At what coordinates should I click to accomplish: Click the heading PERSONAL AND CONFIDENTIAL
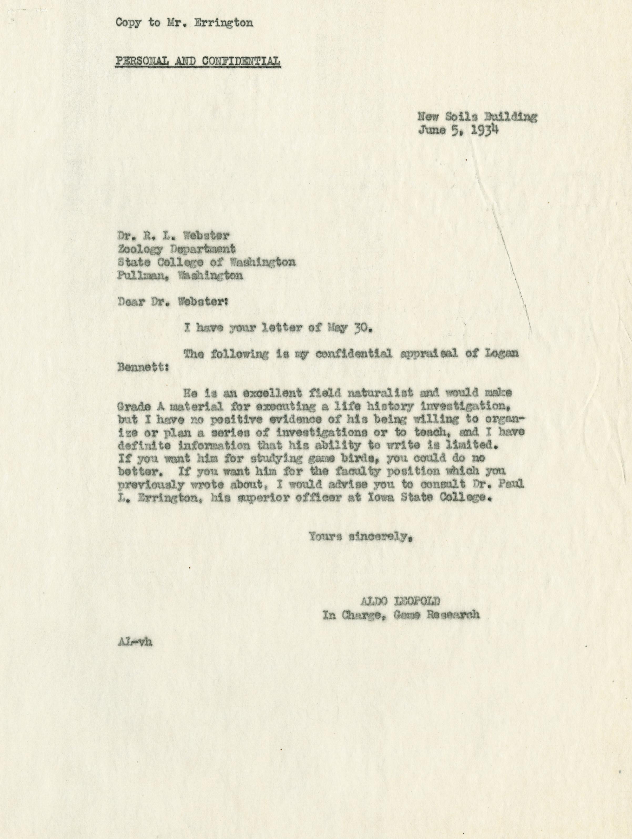click(198, 61)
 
